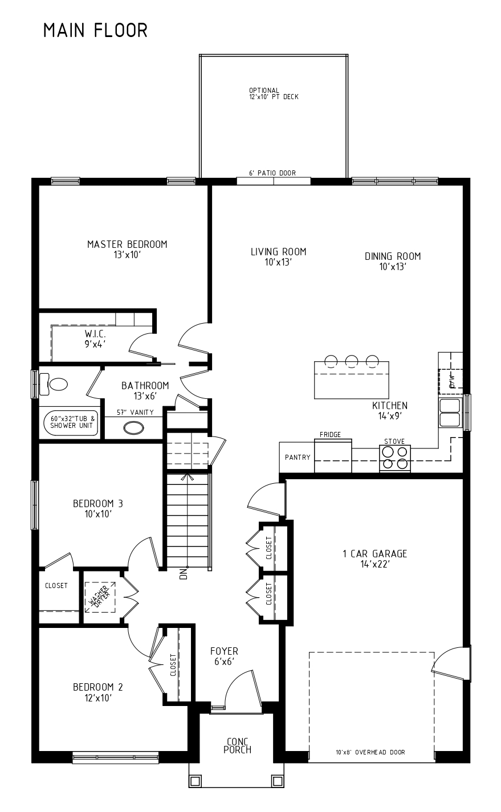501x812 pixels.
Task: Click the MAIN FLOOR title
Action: (x=95, y=30)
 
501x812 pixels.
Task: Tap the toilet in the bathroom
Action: (x=54, y=384)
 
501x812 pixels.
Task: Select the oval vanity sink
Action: (x=134, y=428)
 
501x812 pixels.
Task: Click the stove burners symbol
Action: (x=395, y=458)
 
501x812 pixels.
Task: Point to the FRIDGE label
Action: (x=330, y=435)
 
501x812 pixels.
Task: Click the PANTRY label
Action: (x=298, y=458)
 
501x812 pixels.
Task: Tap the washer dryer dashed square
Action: (x=100, y=597)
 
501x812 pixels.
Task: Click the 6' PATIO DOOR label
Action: (x=272, y=173)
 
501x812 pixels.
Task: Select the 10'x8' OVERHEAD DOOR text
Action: (x=370, y=752)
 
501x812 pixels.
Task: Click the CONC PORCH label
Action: (x=238, y=746)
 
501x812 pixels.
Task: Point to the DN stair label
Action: (x=184, y=574)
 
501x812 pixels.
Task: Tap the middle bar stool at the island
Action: (x=351, y=361)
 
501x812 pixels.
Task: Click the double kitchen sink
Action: (x=450, y=413)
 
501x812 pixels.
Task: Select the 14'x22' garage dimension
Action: (x=375, y=564)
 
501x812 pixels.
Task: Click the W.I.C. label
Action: (x=95, y=333)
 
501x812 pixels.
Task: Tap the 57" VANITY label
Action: (x=135, y=412)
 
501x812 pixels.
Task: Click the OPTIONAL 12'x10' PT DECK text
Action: (x=274, y=93)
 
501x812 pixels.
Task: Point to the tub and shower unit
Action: (x=70, y=423)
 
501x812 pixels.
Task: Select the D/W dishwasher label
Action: (x=452, y=381)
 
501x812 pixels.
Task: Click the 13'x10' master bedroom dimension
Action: (x=127, y=255)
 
